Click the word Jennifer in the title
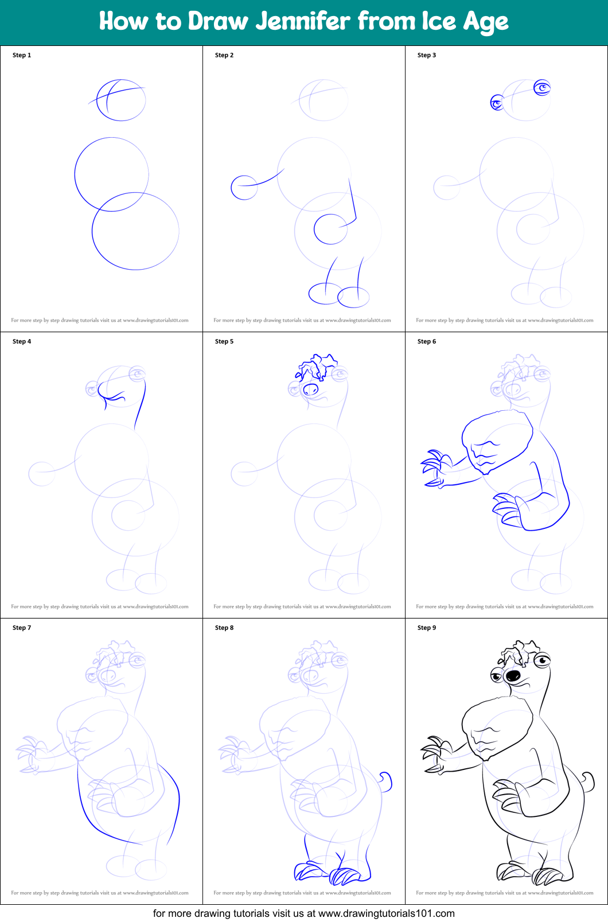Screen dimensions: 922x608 click(x=303, y=21)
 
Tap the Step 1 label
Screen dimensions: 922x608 click(x=22, y=55)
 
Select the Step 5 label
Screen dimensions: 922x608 click(x=224, y=341)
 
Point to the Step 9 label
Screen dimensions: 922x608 click(x=427, y=628)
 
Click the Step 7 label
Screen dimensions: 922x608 click(x=22, y=628)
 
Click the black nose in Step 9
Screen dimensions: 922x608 click(x=513, y=675)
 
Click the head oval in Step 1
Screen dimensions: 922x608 click(x=121, y=100)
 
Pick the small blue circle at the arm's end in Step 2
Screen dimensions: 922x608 click(x=244, y=188)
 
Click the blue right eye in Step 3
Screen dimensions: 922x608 click(x=542, y=88)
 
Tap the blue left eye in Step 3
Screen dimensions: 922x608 click(x=497, y=103)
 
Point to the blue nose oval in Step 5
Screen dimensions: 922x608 click(x=310, y=390)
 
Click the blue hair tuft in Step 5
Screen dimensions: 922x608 click(x=316, y=367)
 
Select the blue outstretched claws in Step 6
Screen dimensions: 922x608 click(x=434, y=468)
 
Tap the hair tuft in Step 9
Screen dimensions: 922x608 click(x=519, y=653)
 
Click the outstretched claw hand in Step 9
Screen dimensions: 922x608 click(x=434, y=754)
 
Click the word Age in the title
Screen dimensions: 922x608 click(x=486, y=22)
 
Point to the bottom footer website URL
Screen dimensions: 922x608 click(x=386, y=913)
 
